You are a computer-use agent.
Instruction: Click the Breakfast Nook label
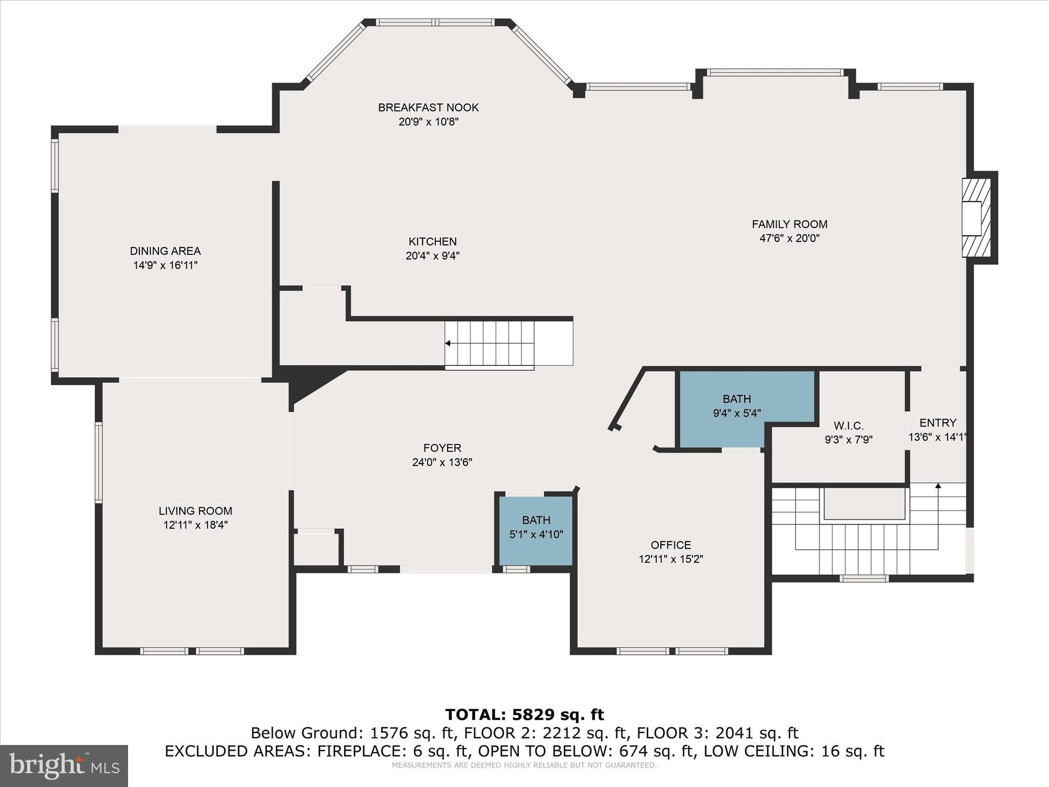pos(428,108)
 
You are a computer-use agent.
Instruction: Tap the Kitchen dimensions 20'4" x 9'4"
pos(432,256)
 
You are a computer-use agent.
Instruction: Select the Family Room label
pos(789,224)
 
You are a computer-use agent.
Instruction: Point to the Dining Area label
pos(165,251)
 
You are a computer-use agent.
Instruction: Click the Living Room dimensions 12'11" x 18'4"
pos(195,525)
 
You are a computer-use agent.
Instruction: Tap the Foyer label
pos(442,448)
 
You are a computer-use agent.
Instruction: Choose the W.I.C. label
pos(848,426)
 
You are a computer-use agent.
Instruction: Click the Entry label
pos(937,423)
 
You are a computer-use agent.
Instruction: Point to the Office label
pos(670,545)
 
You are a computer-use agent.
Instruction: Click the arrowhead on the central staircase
pos(448,343)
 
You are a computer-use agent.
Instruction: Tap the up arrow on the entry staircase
pos(938,486)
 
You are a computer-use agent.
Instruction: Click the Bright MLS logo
pos(64,765)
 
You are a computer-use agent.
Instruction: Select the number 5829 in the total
pos(533,714)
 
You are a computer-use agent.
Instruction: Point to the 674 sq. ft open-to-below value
pos(647,751)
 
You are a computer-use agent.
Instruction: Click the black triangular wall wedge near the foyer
pos(310,382)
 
